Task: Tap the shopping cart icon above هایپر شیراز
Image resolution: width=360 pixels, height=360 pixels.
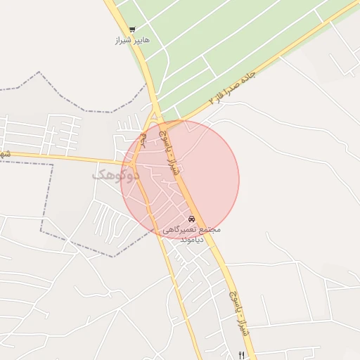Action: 132,29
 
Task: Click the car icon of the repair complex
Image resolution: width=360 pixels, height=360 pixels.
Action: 192,219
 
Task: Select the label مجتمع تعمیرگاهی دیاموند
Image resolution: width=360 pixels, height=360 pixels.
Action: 192,234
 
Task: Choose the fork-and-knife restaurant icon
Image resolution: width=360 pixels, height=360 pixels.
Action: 241,355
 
